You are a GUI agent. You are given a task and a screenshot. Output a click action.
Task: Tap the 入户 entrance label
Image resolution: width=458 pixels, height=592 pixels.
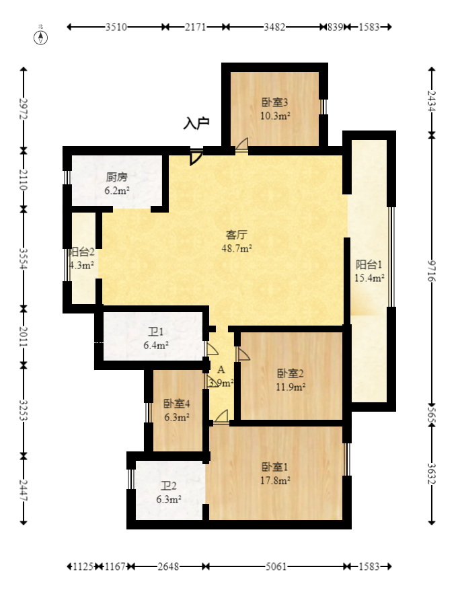click(196, 123)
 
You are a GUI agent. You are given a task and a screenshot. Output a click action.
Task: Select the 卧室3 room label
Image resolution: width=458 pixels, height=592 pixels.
click(275, 103)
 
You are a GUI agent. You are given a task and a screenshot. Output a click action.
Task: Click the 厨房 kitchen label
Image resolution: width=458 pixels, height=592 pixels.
click(116, 178)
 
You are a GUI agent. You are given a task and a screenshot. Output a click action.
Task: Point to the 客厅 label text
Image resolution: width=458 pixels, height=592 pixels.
click(237, 235)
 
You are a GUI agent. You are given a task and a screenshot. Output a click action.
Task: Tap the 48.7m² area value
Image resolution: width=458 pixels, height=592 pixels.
click(237, 248)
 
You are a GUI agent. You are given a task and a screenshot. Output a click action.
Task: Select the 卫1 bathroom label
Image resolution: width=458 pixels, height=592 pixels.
click(155, 332)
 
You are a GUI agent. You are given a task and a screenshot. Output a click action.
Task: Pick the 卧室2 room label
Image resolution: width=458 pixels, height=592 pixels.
click(291, 373)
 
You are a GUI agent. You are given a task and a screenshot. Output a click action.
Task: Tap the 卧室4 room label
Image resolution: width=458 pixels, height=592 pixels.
click(176, 404)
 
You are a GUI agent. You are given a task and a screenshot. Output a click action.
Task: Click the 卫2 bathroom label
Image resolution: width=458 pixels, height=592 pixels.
click(168, 486)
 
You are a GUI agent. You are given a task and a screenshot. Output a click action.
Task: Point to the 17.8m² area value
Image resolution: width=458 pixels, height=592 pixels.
click(275, 480)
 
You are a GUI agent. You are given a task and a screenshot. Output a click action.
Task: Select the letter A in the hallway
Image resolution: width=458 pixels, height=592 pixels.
click(221, 370)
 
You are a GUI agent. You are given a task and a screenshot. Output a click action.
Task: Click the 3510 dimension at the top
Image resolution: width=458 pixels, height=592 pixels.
click(117, 28)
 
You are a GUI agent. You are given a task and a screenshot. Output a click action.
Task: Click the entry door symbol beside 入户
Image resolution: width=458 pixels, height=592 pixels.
click(195, 157)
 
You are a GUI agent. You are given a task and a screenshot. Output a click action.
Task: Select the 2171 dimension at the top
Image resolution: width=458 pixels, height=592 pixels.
click(196, 28)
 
